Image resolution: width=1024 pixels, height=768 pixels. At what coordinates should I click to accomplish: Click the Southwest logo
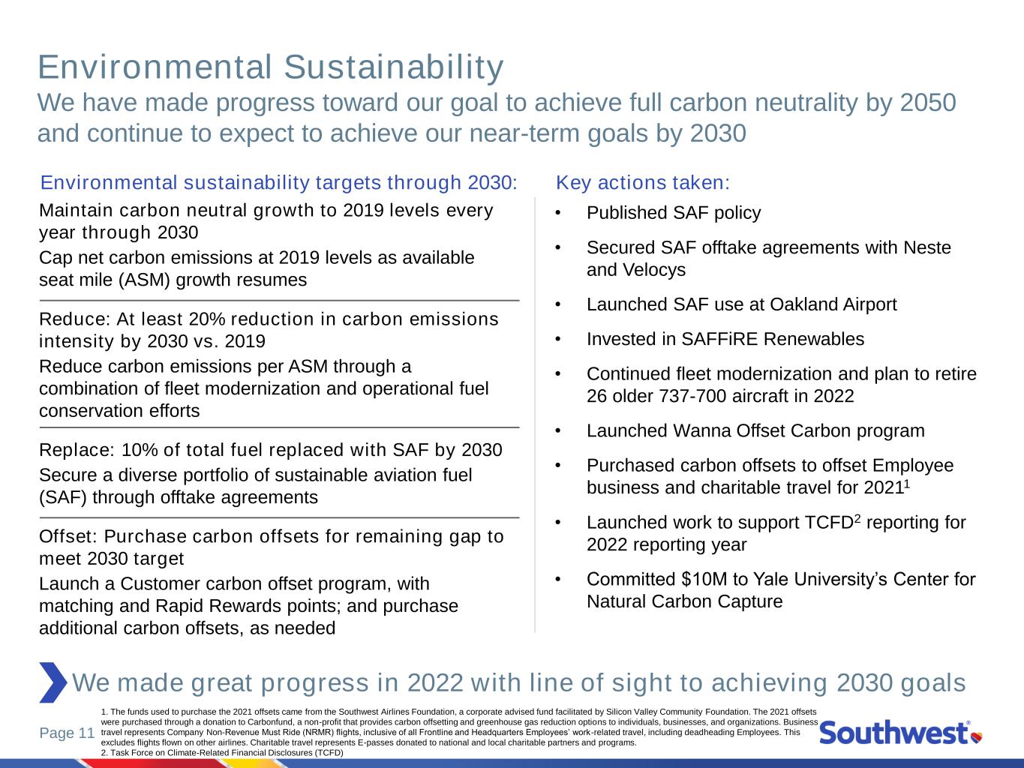coord(900,733)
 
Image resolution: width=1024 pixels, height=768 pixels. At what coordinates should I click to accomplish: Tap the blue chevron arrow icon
coord(53,682)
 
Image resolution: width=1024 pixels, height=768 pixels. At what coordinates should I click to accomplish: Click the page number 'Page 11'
coord(68,733)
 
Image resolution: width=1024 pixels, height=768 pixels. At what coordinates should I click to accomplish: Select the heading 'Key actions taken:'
coord(642,182)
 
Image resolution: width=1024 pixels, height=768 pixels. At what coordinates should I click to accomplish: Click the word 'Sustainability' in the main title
coord(394,67)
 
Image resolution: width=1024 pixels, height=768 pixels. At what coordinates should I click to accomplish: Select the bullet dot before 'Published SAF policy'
coord(557,213)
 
